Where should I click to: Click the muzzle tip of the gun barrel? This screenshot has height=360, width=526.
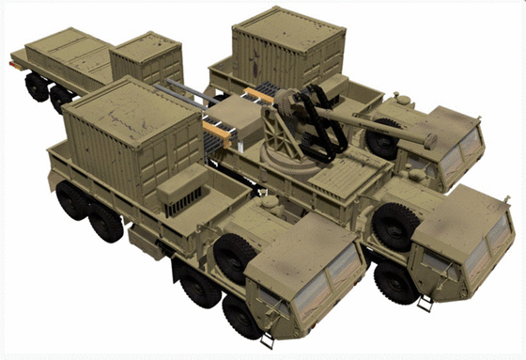(433, 142)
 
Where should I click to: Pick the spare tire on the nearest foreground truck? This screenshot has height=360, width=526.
(234, 255)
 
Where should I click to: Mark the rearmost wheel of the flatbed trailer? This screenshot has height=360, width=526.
(37, 86)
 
